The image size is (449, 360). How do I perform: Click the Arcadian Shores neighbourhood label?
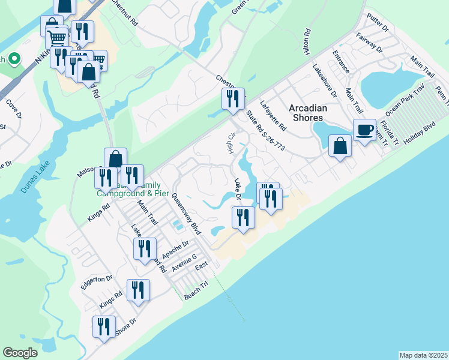click(308, 113)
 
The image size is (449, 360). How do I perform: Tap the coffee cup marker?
click(364, 130)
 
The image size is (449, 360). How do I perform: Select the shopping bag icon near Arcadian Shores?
click(340, 146)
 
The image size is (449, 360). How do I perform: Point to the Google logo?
click(20, 353)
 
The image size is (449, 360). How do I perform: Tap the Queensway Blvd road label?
click(185, 214)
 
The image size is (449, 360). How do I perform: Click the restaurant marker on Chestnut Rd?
click(233, 98)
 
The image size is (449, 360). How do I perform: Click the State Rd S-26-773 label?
click(264, 130)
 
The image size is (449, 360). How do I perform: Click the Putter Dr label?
click(378, 23)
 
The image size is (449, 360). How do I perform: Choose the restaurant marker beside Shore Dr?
click(104, 327)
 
